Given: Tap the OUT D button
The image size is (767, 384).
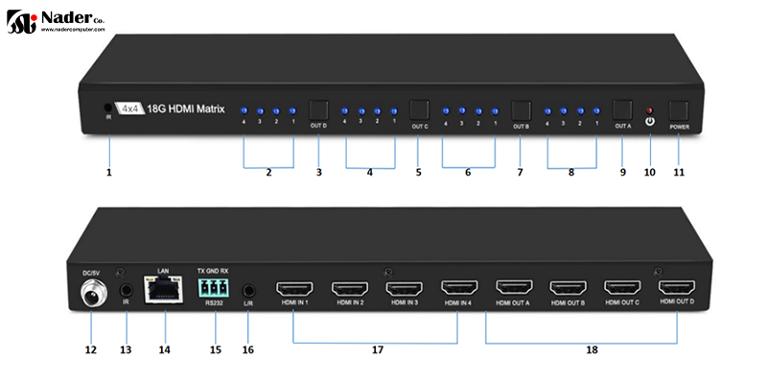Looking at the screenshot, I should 318,109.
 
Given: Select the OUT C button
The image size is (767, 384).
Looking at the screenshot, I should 419,109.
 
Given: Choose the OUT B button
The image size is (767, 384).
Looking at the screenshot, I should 521,109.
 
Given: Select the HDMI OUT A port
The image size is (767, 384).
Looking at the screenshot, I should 515,288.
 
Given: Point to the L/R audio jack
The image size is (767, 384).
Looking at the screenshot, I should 248,287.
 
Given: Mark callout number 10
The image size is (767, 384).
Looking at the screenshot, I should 649,173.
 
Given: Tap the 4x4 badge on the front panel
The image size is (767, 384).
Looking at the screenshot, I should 128,108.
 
